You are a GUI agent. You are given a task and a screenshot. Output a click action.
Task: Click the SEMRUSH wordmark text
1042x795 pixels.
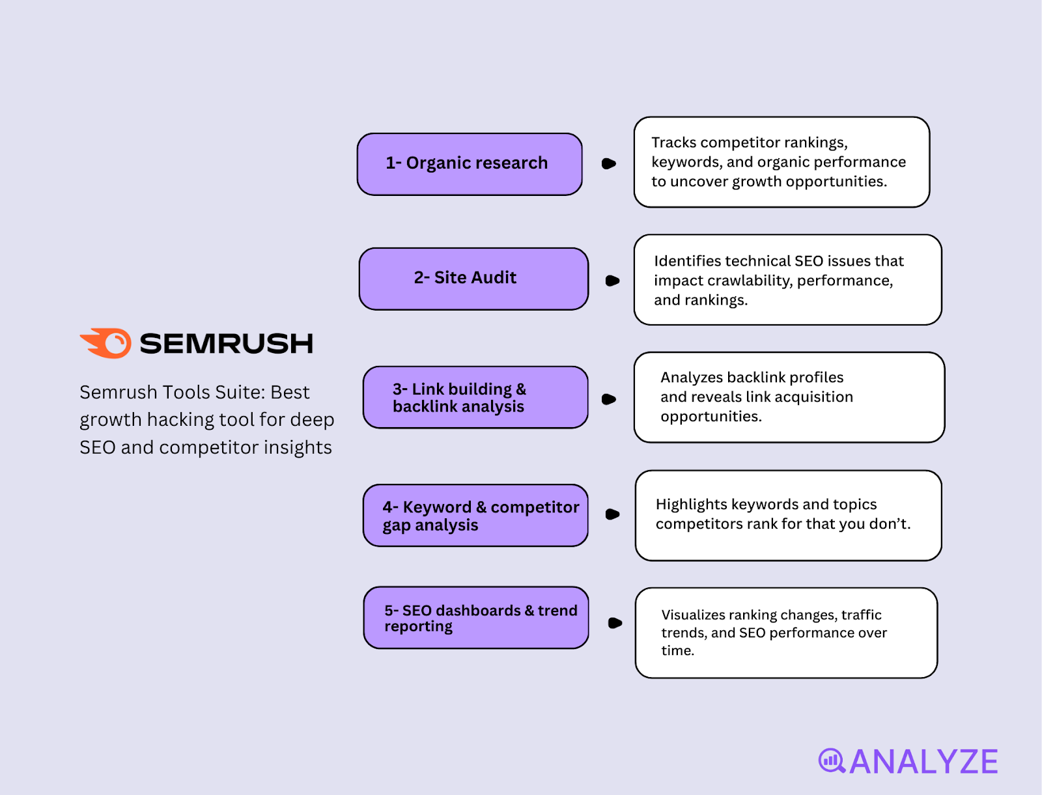point(227,344)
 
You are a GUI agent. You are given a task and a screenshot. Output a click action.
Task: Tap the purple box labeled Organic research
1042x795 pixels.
point(470,164)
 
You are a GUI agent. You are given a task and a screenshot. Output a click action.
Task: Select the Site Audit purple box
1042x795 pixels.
point(473,279)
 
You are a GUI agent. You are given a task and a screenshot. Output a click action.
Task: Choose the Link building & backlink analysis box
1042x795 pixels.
point(475,397)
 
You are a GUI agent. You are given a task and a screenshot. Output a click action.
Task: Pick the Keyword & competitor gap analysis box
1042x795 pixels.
point(475,515)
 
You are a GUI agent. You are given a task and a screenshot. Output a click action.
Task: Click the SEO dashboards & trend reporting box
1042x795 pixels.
point(476,617)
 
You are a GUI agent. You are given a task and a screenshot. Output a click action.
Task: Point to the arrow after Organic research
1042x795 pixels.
point(608,163)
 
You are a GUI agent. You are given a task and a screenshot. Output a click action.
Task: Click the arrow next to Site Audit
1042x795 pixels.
point(612,281)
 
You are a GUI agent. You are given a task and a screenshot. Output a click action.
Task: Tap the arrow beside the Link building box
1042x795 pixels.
point(608,399)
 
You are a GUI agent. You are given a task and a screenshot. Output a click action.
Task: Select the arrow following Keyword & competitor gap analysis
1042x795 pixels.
point(612,514)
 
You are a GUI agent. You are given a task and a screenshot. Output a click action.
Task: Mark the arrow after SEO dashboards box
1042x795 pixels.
point(614,623)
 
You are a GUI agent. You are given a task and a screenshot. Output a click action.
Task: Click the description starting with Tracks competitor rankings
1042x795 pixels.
point(781,162)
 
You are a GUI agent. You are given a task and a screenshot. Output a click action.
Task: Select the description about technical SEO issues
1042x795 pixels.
point(787,280)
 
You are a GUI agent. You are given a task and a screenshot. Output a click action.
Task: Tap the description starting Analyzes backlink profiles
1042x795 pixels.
point(789,397)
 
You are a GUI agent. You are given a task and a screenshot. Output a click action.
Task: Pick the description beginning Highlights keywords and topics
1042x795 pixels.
point(788,515)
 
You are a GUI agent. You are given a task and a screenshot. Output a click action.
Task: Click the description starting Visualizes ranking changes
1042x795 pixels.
point(786,633)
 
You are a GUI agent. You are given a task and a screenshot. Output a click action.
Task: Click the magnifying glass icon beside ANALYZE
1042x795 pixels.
point(831,760)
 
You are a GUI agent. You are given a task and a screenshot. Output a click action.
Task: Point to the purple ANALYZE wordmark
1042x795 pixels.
point(923,762)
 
